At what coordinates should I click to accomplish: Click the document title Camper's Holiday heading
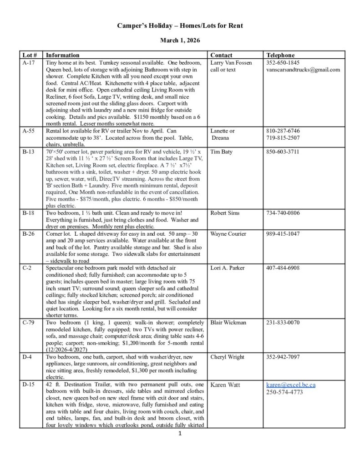[x=179, y=26]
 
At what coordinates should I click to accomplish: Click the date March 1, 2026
[x=179, y=41]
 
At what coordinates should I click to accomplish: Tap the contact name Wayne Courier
[x=228, y=233]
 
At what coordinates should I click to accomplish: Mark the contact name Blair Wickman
[x=228, y=323]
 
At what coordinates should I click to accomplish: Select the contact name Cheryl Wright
[x=228, y=357]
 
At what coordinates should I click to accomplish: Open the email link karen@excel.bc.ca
[x=291, y=385]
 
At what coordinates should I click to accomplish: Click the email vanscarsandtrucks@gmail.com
[x=303, y=70]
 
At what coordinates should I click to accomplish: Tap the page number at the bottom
[x=180, y=434]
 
